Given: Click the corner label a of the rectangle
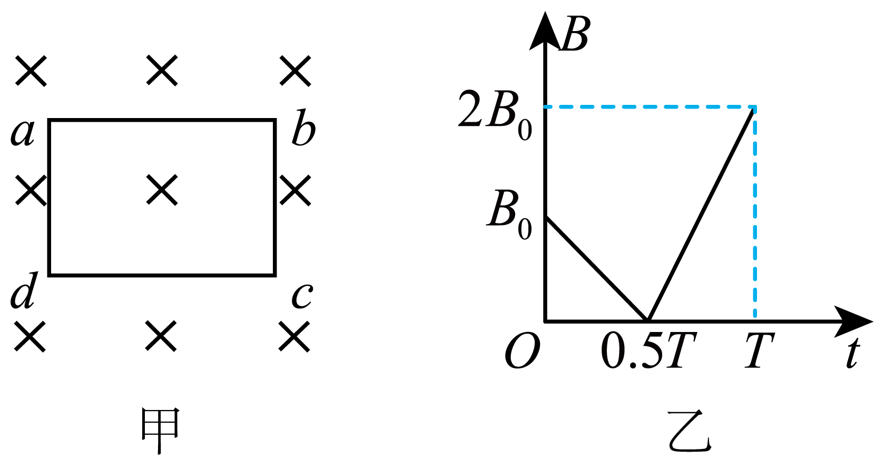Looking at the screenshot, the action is click(23, 133).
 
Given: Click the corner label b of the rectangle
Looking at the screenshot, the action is click(303, 127).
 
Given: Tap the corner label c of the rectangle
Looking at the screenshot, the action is click(302, 296).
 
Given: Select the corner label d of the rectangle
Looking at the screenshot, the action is click(24, 290).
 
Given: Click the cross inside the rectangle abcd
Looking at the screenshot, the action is click(162, 190).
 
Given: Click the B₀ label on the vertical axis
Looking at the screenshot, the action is click(509, 215).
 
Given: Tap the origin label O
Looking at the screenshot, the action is click(523, 351).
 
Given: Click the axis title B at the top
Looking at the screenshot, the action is click(575, 34).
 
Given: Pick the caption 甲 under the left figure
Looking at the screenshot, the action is click(160, 431).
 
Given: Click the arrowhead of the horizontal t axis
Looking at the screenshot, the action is click(853, 321).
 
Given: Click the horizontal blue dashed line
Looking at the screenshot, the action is click(650, 106).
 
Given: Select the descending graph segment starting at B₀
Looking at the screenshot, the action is click(596, 269).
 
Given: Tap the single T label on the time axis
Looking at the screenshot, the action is click(760, 351).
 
